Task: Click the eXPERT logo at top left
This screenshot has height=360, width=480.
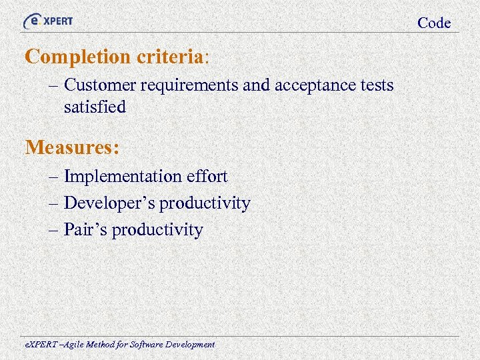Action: pos(48,21)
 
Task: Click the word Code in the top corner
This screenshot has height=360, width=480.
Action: pos(434,23)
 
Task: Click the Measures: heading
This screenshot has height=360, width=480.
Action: pos(73,147)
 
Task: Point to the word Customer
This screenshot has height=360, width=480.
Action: pos(97,85)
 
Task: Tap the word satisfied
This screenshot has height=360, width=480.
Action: pos(95,107)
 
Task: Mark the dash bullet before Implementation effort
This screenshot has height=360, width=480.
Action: pos(53,177)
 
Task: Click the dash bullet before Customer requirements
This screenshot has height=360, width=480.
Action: pos(53,86)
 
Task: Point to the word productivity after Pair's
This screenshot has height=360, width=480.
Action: pos(157,231)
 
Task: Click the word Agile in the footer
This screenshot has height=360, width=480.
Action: pos(67,345)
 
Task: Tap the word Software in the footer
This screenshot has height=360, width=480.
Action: pos(145,345)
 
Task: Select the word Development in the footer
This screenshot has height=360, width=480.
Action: pos(189,345)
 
